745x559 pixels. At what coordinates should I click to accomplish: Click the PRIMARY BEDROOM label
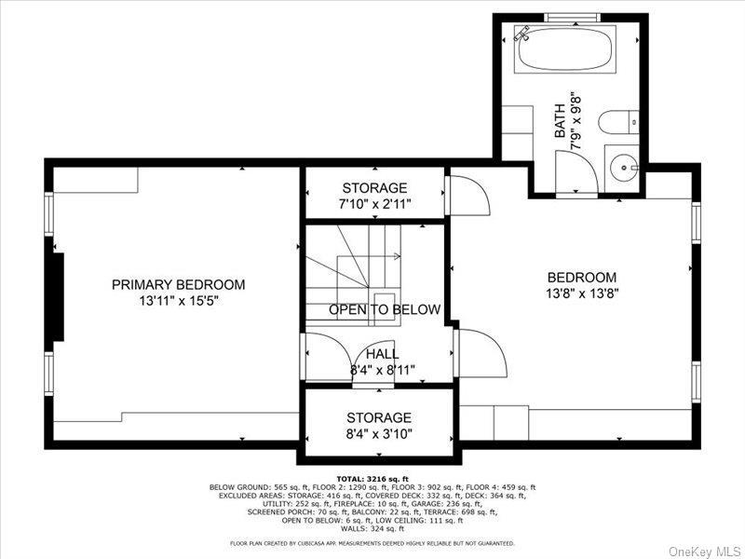(178, 284)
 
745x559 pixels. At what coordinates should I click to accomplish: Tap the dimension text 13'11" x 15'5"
(178, 301)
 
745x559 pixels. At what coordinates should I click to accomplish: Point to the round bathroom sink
(622, 169)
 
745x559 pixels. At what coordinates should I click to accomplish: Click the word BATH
(561, 121)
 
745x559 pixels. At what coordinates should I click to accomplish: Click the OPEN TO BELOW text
(384, 310)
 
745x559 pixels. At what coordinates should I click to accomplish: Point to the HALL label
(382, 354)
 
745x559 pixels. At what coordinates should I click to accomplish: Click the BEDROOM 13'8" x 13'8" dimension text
(581, 293)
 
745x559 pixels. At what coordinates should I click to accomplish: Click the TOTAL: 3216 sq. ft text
(372, 478)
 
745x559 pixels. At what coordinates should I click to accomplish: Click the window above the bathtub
(572, 18)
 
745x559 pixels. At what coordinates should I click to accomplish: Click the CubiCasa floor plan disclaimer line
(372, 542)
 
